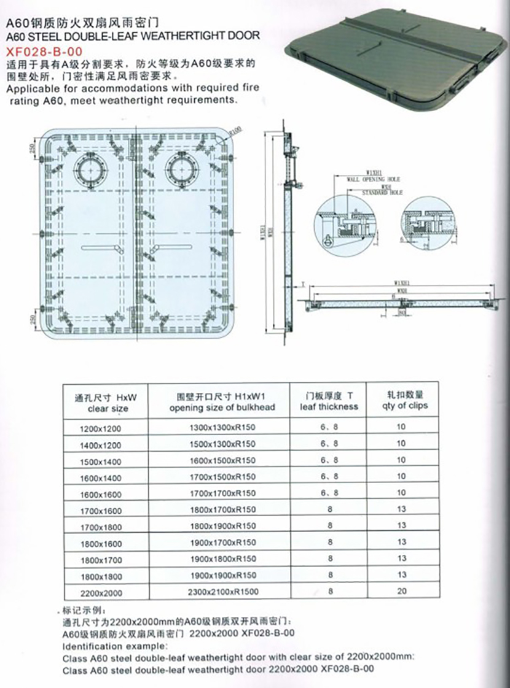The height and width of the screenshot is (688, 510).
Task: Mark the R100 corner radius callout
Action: pyautogui.click(x=235, y=131)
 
